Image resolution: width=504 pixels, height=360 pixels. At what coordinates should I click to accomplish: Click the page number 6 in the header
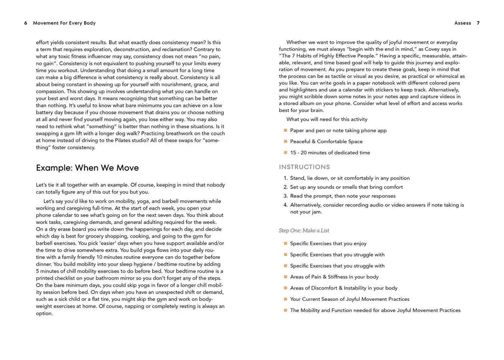click(x=25, y=23)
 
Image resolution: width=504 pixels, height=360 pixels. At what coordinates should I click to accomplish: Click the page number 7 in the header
click(x=478, y=23)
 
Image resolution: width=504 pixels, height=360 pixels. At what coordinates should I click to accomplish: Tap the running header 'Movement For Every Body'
click(x=64, y=23)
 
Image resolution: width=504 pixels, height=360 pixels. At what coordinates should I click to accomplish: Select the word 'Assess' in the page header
click(x=463, y=23)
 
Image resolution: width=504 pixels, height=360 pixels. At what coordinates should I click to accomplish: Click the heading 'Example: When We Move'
click(x=87, y=168)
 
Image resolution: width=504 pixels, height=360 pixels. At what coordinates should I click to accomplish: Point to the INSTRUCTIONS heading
click(x=305, y=167)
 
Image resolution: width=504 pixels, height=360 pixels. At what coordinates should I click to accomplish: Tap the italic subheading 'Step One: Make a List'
click(x=304, y=230)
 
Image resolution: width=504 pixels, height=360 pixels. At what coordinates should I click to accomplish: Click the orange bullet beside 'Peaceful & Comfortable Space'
click(x=285, y=141)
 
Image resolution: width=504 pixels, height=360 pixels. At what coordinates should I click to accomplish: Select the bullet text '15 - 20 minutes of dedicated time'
click(x=330, y=153)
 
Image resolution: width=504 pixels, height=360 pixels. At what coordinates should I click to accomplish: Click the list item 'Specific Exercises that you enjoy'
click(x=328, y=243)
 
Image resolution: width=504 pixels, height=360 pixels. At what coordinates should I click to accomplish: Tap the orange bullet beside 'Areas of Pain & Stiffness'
click(x=285, y=277)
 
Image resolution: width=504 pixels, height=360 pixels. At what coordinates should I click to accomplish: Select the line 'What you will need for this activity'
click(x=327, y=119)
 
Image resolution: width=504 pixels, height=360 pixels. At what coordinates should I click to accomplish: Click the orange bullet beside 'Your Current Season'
click(x=285, y=299)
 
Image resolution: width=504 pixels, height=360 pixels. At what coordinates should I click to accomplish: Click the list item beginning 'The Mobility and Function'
click(x=375, y=310)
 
